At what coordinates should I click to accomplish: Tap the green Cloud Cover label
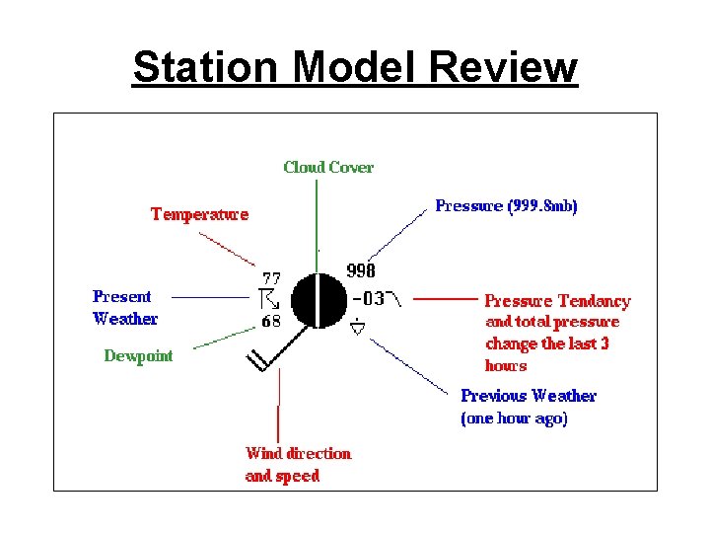coord(328,167)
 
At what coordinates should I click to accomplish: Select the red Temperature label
coord(199,213)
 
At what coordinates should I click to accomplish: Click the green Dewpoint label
coord(138,356)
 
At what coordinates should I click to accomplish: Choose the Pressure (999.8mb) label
coord(506,206)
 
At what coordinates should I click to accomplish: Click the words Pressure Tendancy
coord(557,301)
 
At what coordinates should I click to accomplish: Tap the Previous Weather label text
coord(529,396)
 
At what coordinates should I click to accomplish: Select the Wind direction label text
coord(298,453)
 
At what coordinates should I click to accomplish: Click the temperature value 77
coord(271,277)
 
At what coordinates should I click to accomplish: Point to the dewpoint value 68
coord(271,322)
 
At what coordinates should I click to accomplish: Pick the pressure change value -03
coord(369,297)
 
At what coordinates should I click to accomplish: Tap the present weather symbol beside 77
coord(269,299)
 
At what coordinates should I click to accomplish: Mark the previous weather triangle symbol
coord(359,328)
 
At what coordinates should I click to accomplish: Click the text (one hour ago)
coord(514,418)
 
